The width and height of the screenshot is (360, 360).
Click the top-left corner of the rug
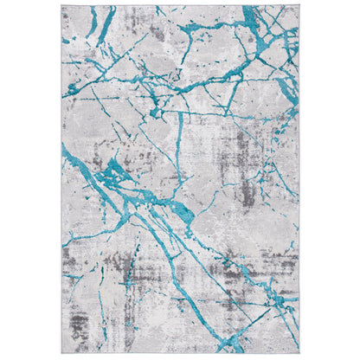[x=61, y=4]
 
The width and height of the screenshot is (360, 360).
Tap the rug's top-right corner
[x=299, y=4]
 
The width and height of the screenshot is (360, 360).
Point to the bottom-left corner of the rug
[x=61, y=355]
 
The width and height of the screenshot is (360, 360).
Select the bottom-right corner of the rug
[x=299, y=355]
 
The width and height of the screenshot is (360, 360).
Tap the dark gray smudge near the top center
[x=156, y=31]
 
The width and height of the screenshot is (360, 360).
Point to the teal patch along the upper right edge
[x=290, y=87]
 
